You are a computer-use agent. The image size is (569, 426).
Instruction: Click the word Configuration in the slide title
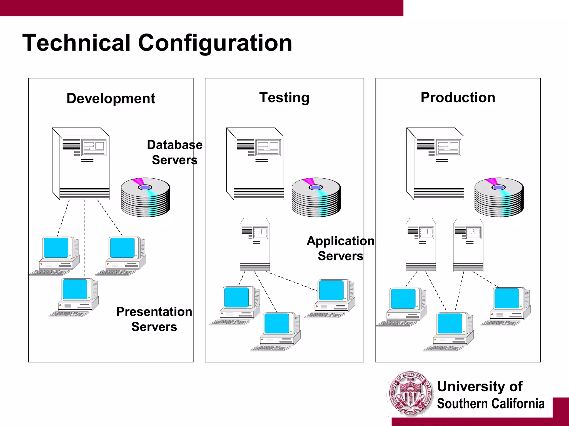pyautogui.click(x=215, y=43)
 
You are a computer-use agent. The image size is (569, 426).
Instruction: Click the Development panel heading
pyautogui.click(x=111, y=98)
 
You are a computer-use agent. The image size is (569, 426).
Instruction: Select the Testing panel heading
pyautogui.click(x=284, y=98)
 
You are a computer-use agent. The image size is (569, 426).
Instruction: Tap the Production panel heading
pyautogui.click(x=458, y=98)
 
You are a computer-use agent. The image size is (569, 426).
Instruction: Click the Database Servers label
pyautogui.click(x=174, y=152)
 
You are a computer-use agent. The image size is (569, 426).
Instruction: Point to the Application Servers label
pyautogui.click(x=340, y=248)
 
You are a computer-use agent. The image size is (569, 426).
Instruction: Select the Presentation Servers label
pyautogui.click(x=154, y=319)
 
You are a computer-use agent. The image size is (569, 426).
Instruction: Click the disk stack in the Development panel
pyautogui.click(x=146, y=197)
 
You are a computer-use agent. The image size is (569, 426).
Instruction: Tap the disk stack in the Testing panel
pyautogui.click(x=316, y=197)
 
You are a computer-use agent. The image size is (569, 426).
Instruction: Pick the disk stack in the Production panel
pyautogui.click(x=499, y=197)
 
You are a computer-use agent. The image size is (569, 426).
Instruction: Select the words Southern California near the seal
pyautogui.click(x=491, y=404)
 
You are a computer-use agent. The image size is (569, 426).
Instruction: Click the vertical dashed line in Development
pyautogui.click(x=84, y=239)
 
